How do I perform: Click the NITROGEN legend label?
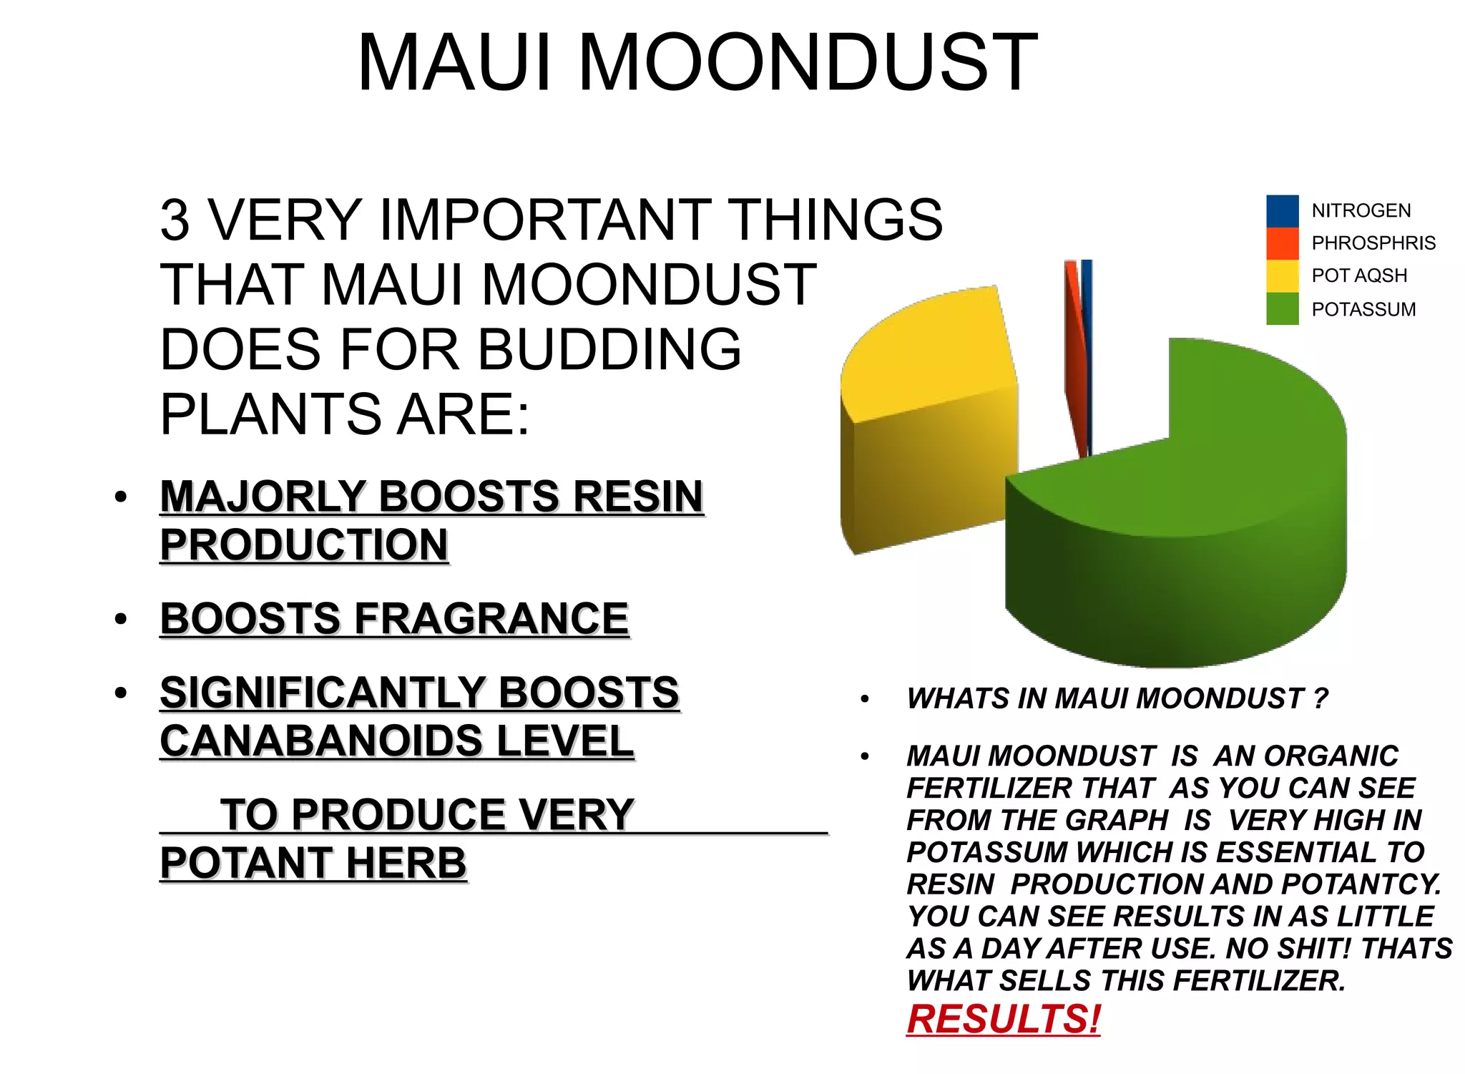1361,210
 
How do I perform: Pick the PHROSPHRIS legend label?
1373,243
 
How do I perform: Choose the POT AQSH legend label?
1358,275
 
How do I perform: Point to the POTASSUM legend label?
1363,309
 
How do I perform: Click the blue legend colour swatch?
1282,211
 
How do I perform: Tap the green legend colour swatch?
1282,309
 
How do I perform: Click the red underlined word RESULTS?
1003,1019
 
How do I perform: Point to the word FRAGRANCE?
491,618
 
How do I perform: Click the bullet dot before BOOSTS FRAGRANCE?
121,618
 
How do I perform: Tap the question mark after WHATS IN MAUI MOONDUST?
1320,698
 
